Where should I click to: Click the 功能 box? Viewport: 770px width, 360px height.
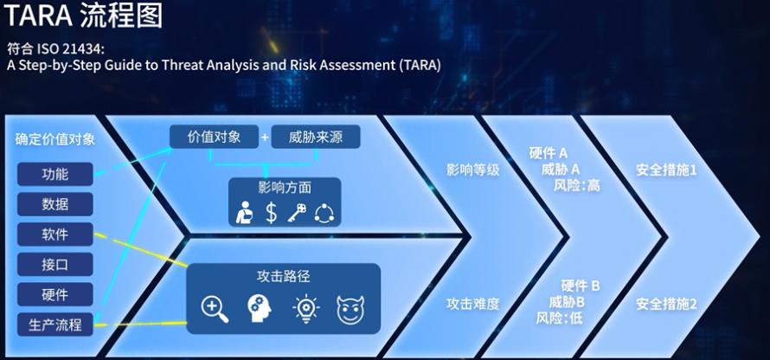coord(55,174)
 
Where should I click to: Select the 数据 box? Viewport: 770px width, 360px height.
coord(55,204)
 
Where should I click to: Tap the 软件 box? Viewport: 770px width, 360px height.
coord(55,234)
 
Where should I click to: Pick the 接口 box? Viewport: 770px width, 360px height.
coord(55,264)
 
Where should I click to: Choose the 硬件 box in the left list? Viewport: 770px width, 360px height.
coord(55,294)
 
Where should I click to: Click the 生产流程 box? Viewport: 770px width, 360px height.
coord(55,325)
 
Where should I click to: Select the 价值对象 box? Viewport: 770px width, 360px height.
coord(214,137)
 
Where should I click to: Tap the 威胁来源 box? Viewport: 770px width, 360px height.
coord(316,137)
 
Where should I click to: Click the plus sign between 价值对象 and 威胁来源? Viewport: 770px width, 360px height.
coord(266,137)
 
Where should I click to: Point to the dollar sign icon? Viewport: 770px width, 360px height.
coord(271,213)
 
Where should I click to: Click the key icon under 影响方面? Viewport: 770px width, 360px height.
coord(296,213)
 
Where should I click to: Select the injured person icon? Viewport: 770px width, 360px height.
coord(245,213)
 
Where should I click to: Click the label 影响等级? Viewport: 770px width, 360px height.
coord(473,170)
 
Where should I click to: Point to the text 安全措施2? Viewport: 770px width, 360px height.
coord(666,304)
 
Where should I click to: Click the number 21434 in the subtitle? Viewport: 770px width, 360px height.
coord(84,49)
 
